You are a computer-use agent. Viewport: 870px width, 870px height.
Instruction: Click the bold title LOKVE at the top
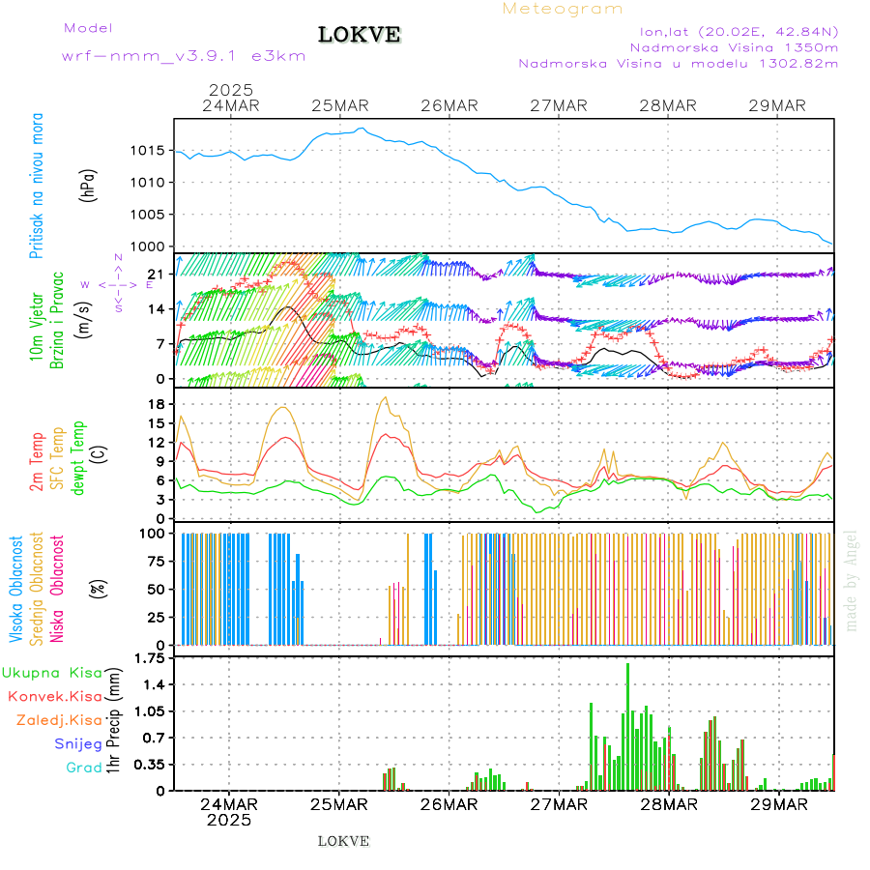pos(359,35)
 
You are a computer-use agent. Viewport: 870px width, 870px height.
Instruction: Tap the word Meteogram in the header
pos(563,9)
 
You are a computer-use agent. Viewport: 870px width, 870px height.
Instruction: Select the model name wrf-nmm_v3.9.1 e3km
pos(184,55)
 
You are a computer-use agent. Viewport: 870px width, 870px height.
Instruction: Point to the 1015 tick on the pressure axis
pos(149,150)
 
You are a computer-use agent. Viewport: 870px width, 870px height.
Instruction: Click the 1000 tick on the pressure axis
pos(149,246)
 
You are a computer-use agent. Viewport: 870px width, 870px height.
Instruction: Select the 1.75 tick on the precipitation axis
pos(147,658)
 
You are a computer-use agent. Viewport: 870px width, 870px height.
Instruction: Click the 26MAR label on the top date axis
pos(449,105)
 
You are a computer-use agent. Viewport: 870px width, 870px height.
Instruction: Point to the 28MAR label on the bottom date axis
pos(669,804)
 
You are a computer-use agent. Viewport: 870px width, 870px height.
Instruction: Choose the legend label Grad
pos(83,768)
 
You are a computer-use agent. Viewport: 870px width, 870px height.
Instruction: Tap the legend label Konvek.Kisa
pos(54,696)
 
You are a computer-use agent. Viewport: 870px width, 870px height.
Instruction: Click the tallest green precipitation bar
pos(627,725)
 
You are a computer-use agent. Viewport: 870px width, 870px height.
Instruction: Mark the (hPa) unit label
pos(89,184)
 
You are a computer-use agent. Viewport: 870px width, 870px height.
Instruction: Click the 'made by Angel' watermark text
pos(852,580)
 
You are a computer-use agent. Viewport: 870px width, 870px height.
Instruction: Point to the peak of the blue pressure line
pos(362,129)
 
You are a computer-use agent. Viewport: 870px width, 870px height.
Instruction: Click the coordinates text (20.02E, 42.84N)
pos(763,32)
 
